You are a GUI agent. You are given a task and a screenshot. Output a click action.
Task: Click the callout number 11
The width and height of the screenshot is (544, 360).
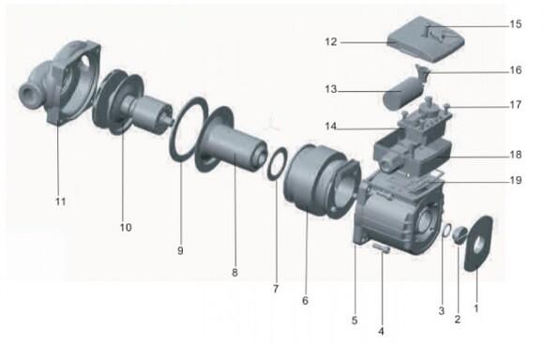pos(60,202)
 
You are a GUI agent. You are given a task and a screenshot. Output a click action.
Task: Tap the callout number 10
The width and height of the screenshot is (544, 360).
pos(126,227)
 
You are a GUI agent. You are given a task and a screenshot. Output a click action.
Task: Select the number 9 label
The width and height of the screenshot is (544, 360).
pos(180,250)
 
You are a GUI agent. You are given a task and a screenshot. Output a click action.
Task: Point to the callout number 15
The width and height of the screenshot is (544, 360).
pos(516,24)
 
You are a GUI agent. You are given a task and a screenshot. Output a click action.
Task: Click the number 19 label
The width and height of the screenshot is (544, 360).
pos(516,180)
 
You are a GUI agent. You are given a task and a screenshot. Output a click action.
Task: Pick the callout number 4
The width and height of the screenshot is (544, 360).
pos(381,331)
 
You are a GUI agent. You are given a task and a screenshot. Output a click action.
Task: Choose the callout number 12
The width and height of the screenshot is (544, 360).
pos(331,41)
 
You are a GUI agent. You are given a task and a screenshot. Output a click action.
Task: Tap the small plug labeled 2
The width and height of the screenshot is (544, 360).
pos(460,235)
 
